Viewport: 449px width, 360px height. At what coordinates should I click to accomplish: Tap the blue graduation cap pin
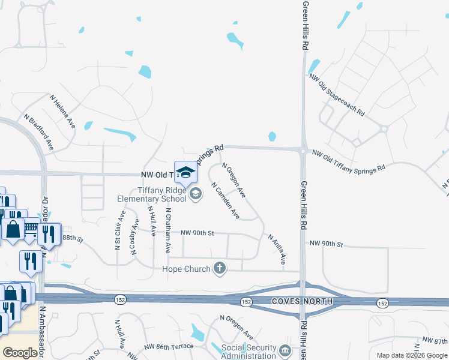[x=186, y=172]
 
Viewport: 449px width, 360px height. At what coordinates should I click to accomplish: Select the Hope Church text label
[x=187, y=269]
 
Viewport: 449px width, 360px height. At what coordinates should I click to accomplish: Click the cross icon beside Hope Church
[x=220, y=268]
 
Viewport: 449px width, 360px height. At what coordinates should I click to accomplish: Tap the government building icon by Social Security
[x=285, y=349]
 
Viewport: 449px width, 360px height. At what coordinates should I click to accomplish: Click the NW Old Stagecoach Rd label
[x=337, y=94]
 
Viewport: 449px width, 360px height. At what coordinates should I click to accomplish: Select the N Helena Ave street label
[x=62, y=111]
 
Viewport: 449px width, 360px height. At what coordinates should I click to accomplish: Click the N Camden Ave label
[x=226, y=200]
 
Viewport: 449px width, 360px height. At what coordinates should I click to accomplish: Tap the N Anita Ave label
[x=276, y=249]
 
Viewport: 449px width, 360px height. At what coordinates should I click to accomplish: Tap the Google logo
[x=20, y=353]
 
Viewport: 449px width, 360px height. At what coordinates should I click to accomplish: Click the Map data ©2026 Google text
[x=412, y=355]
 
